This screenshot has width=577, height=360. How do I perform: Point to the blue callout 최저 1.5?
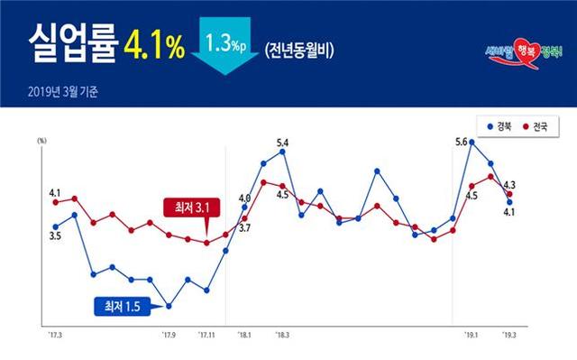(x=124, y=307)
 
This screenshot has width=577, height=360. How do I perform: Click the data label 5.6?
(x=461, y=143)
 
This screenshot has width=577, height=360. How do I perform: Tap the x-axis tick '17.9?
(x=169, y=336)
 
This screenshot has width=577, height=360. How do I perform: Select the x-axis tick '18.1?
(x=244, y=336)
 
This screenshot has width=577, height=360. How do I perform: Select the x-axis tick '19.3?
(x=509, y=336)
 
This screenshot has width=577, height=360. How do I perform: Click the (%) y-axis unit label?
(x=42, y=141)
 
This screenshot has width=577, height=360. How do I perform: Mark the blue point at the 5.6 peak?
(x=472, y=142)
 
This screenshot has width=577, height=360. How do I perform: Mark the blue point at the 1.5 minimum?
(x=169, y=307)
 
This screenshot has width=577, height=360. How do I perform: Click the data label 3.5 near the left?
(x=55, y=236)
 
